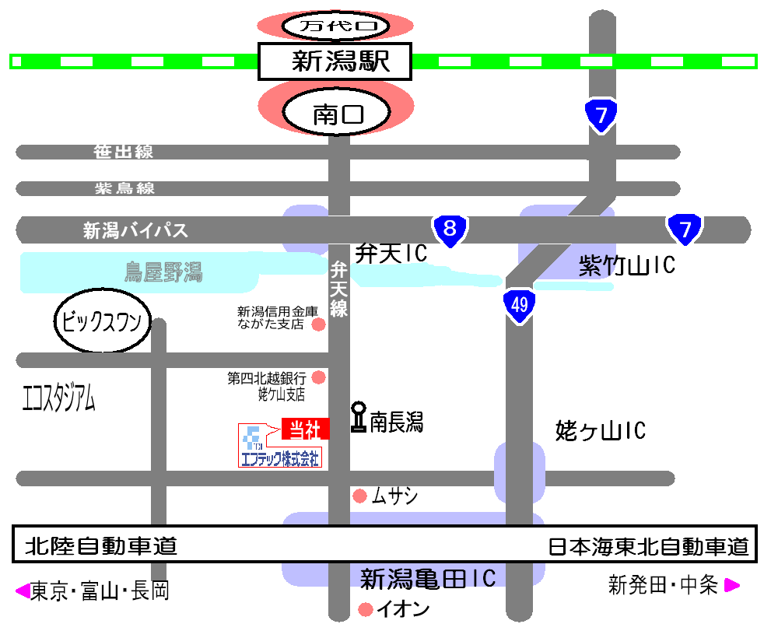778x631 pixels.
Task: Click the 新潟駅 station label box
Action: click(335, 61)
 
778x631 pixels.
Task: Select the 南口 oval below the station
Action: click(337, 115)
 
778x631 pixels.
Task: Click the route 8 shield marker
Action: click(449, 229)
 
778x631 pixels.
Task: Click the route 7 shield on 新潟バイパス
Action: click(685, 229)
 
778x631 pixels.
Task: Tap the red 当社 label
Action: click(305, 429)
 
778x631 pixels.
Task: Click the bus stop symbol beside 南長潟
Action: click(359, 416)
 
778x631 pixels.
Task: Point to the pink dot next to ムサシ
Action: click(359, 496)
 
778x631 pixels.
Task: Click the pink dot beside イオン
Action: click(365, 608)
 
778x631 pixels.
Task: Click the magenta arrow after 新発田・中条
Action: click(732, 585)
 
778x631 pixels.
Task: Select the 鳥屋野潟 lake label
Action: click(163, 272)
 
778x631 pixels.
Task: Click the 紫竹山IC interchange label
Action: click(627, 266)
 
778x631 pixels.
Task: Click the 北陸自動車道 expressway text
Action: click(101, 546)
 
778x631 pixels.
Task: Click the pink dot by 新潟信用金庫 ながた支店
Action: click(317, 324)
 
